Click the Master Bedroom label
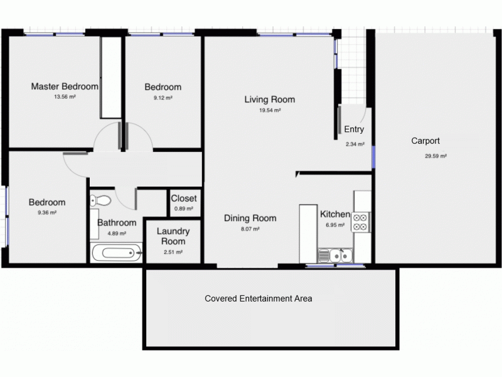pyautogui.click(x=65, y=86)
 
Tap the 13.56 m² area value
pyautogui.click(x=65, y=97)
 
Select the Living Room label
pyautogui.click(x=269, y=99)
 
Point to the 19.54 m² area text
pyautogui.click(x=270, y=110)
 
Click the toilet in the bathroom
pyautogui.click(x=100, y=201)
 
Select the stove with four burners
pyautogui.click(x=360, y=222)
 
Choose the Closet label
pyautogui.click(x=184, y=199)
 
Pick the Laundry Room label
pyautogui.click(x=173, y=236)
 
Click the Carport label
pyautogui.click(x=425, y=141)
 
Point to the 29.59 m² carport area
pyautogui.click(x=435, y=156)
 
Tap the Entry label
pyautogui.click(x=354, y=129)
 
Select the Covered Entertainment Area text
pyautogui.click(x=259, y=298)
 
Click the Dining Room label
pyautogui.click(x=250, y=219)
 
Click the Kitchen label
pyautogui.click(x=335, y=214)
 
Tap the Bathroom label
pyautogui.click(x=117, y=222)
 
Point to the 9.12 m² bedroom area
pyautogui.click(x=163, y=98)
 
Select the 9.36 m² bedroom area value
pyautogui.click(x=47, y=213)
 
